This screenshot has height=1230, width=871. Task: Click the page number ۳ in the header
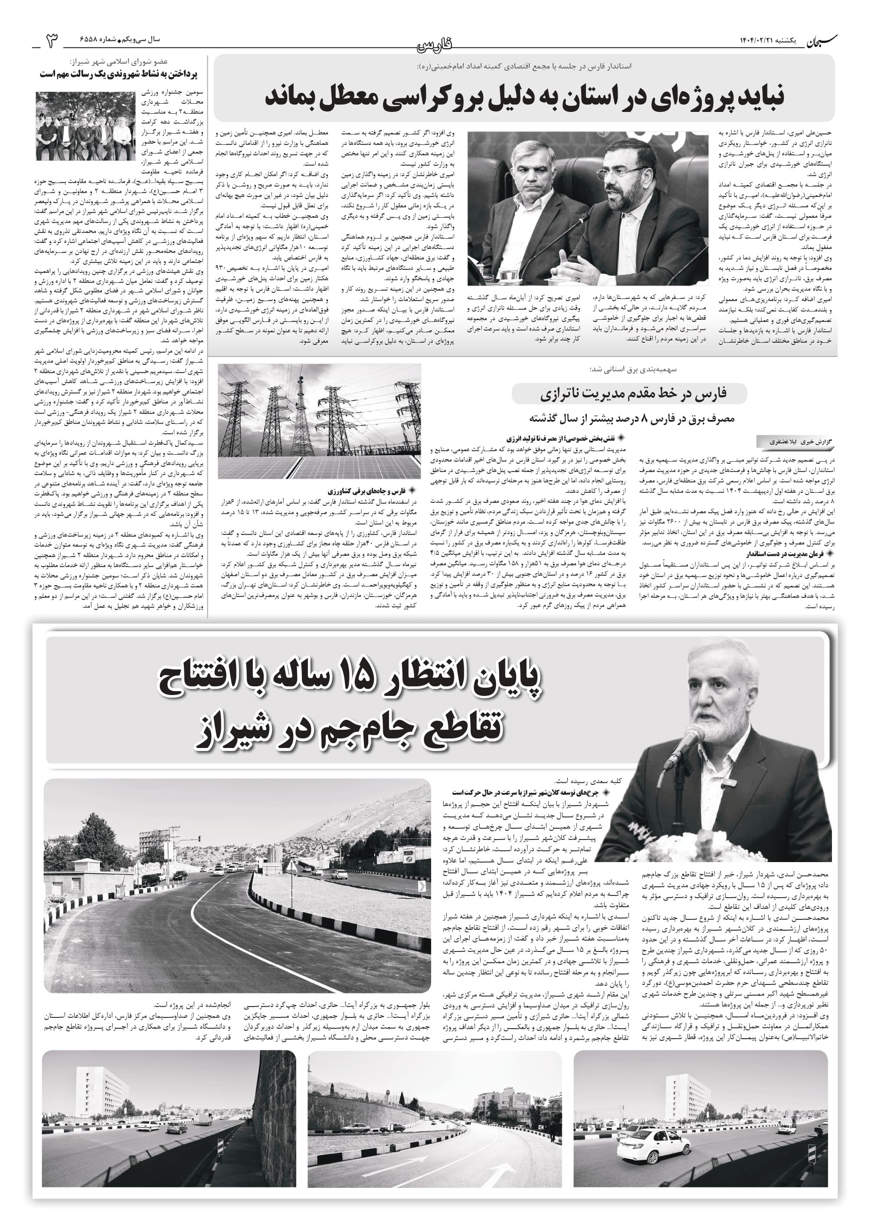point(52,41)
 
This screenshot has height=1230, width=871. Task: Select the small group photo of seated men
point(84,126)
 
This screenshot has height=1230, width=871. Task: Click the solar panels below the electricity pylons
point(320,466)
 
